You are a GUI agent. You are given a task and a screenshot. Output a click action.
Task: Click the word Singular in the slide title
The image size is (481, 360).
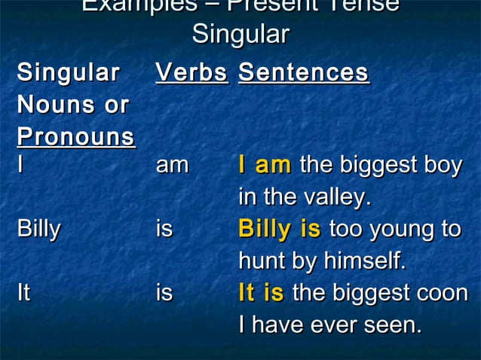pos(240,35)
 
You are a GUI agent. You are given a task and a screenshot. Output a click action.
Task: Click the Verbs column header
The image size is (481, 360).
pos(191,73)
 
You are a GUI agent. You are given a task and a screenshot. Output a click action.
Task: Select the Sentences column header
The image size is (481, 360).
pos(303,73)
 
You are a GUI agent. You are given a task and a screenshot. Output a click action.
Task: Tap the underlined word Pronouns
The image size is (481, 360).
pos(76,138)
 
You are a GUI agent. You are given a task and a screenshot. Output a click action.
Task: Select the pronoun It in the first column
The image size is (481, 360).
pos(23,293)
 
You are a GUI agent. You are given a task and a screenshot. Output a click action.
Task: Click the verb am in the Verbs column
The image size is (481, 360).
pos(172,165)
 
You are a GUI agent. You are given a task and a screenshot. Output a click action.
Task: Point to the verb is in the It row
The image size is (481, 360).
pos(164,293)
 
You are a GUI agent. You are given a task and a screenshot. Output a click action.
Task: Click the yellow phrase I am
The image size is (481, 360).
pos(265,165)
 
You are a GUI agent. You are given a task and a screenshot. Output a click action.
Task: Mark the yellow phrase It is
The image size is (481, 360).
pos(261,293)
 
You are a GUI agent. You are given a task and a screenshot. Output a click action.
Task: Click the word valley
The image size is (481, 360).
pos(338,197)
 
